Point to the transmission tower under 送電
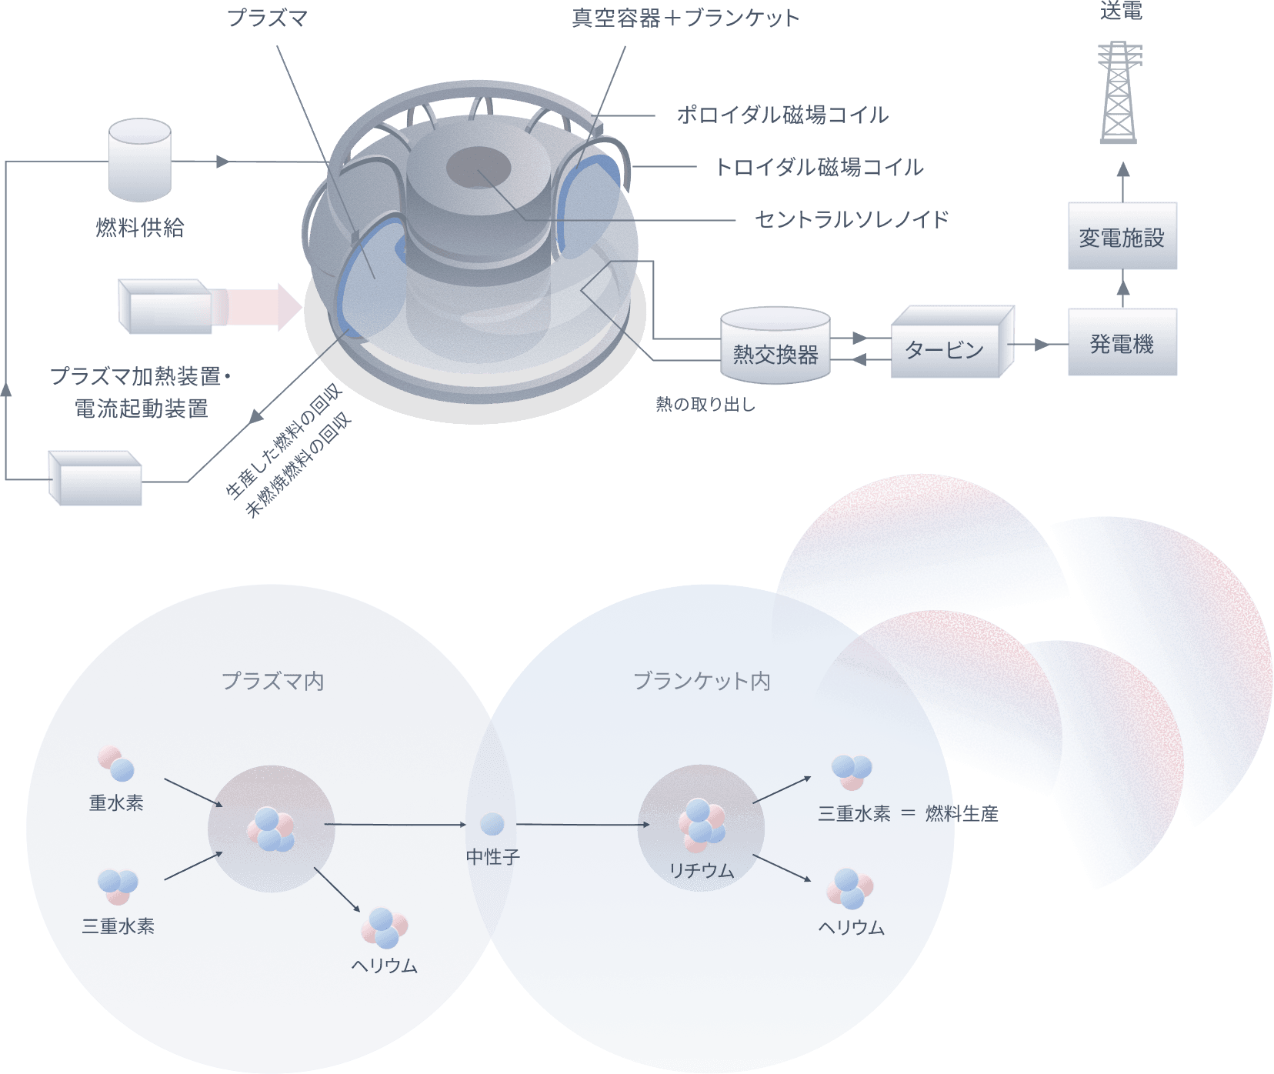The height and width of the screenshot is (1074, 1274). (x=1119, y=92)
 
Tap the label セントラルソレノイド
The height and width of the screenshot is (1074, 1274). (x=852, y=219)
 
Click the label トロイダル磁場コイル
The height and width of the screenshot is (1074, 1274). (x=819, y=167)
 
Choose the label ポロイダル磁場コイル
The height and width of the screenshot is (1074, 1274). (x=782, y=115)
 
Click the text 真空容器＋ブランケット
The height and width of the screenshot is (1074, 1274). (x=685, y=18)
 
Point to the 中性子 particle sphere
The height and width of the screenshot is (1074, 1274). (x=492, y=823)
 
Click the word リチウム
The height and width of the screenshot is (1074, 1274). (x=701, y=871)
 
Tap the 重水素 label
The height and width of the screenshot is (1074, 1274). (x=116, y=803)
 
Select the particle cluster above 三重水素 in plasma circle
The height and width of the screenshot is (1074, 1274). (x=118, y=886)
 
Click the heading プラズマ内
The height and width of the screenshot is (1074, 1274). (x=272, y=681)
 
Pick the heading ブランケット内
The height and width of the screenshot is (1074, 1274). (x=701, y=681)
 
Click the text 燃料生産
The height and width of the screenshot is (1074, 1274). (x=961, y=813)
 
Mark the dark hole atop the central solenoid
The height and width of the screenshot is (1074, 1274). (x=479, y=167)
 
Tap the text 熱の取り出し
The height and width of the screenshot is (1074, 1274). (x=705, y=404)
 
